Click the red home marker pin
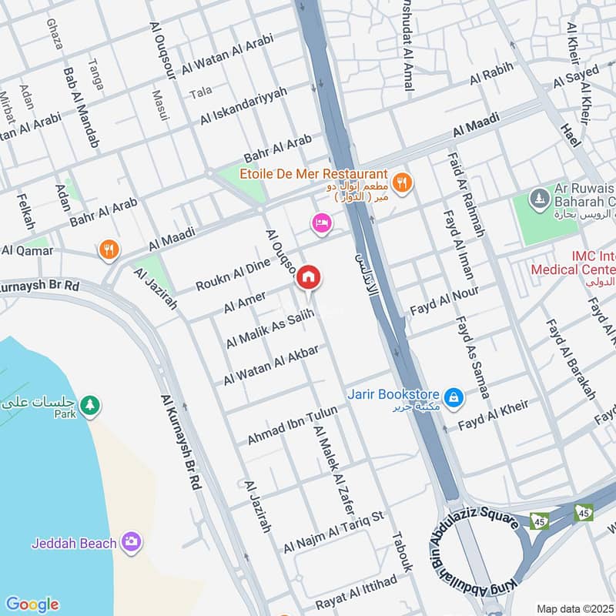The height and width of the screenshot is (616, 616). coord(309,277)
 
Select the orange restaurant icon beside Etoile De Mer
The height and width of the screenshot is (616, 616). coord(400,183)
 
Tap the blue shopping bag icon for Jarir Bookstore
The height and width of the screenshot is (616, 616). coord(455,397)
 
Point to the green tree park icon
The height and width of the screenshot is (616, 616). coord(90,405)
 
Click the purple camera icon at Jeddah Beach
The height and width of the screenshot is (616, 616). coord(132,543)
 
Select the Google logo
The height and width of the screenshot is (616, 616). coord(32,604)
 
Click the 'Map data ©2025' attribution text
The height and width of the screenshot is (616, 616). coord(574,608)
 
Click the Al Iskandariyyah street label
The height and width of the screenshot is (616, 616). coord(243,106)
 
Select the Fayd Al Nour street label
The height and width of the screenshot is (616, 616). coord(444,302)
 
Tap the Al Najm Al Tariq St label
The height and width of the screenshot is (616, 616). coord(333,531)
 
